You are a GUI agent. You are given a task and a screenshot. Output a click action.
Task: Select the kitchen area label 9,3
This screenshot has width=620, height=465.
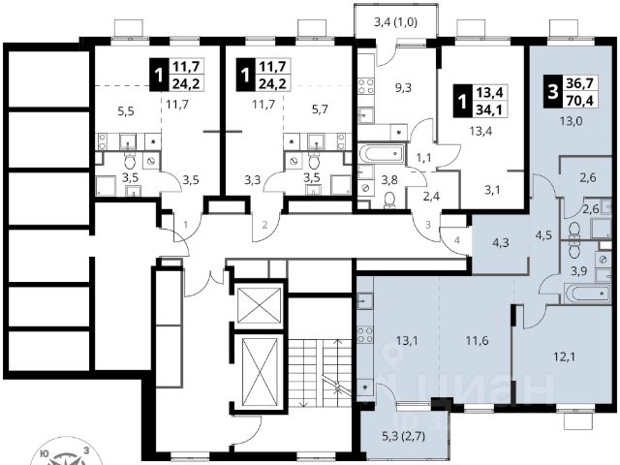pyautogui.click(x=404, y=87)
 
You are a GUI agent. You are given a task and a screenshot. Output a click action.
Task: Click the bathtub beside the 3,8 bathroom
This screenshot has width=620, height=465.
pyautogui.click(x=386, y=152)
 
